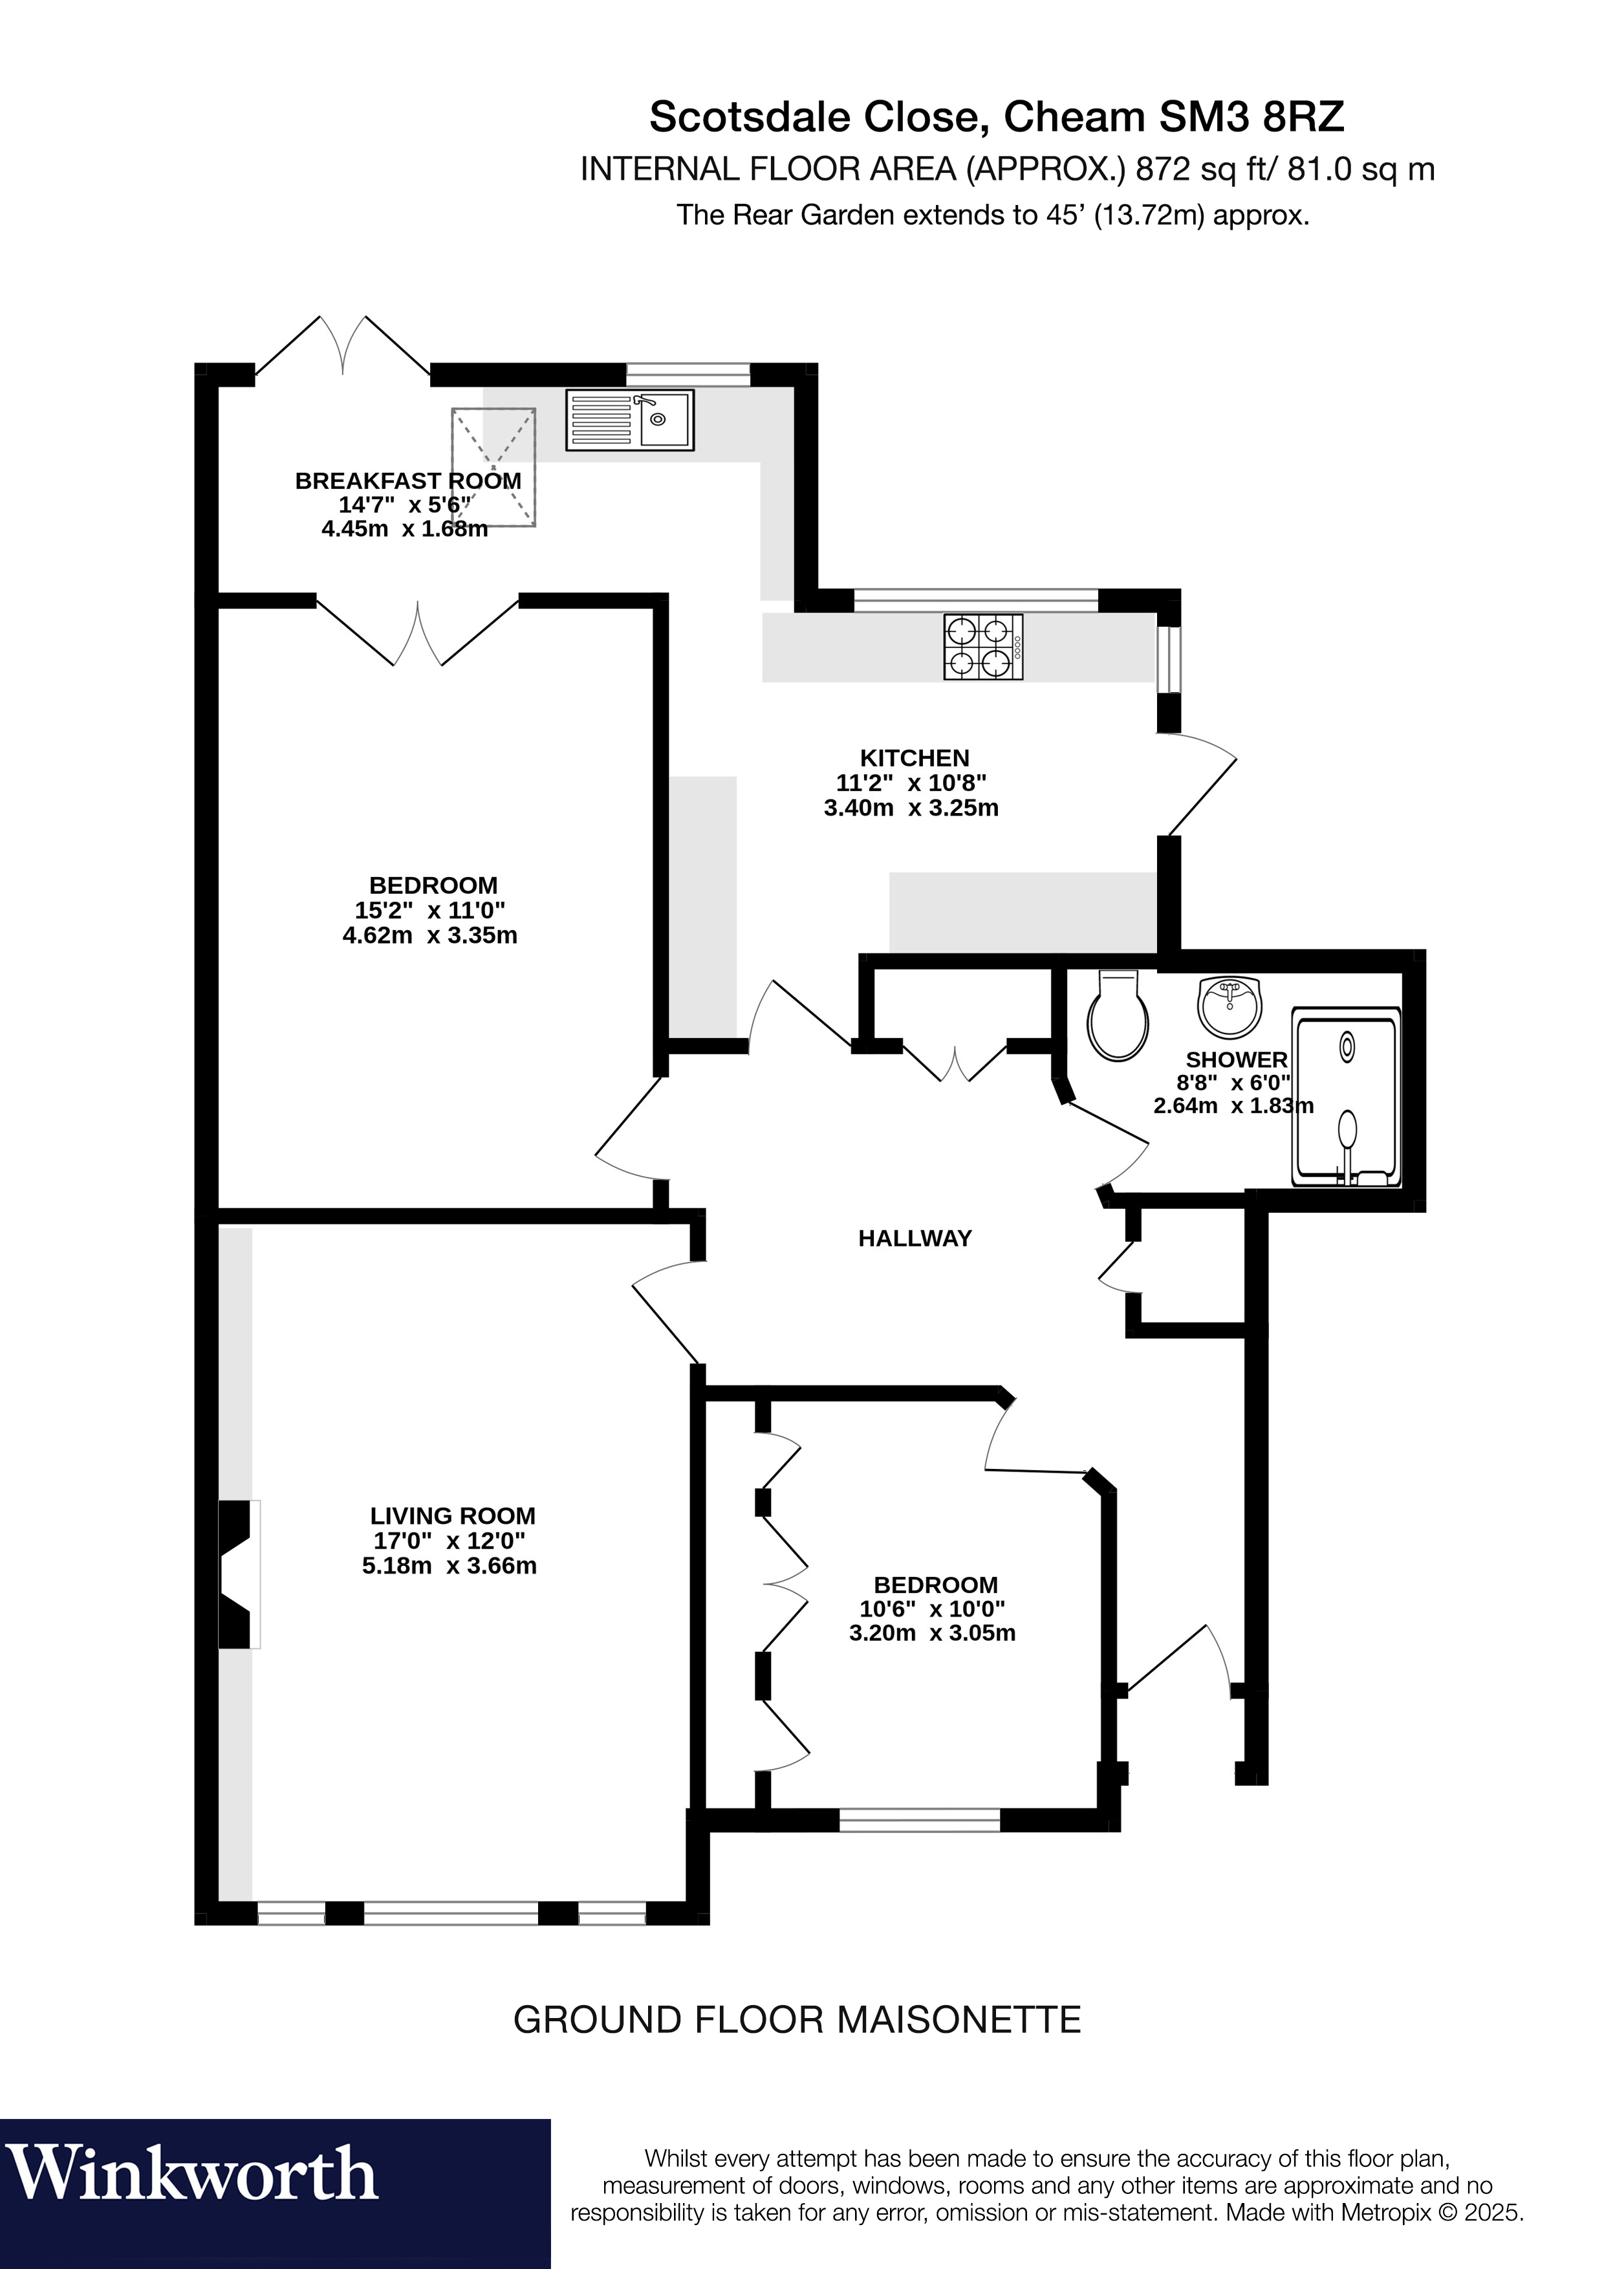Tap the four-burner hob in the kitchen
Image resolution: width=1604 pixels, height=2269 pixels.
pos(983,647)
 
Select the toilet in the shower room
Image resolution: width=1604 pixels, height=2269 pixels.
pos(1118,1016)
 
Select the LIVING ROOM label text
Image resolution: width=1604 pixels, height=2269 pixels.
pos(453,1516)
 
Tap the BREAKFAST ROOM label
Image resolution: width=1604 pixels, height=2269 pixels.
pos(408,481)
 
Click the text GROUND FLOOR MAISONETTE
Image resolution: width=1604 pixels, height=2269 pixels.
pos(797,2019)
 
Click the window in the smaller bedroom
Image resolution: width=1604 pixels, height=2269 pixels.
pos(919,1820)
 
